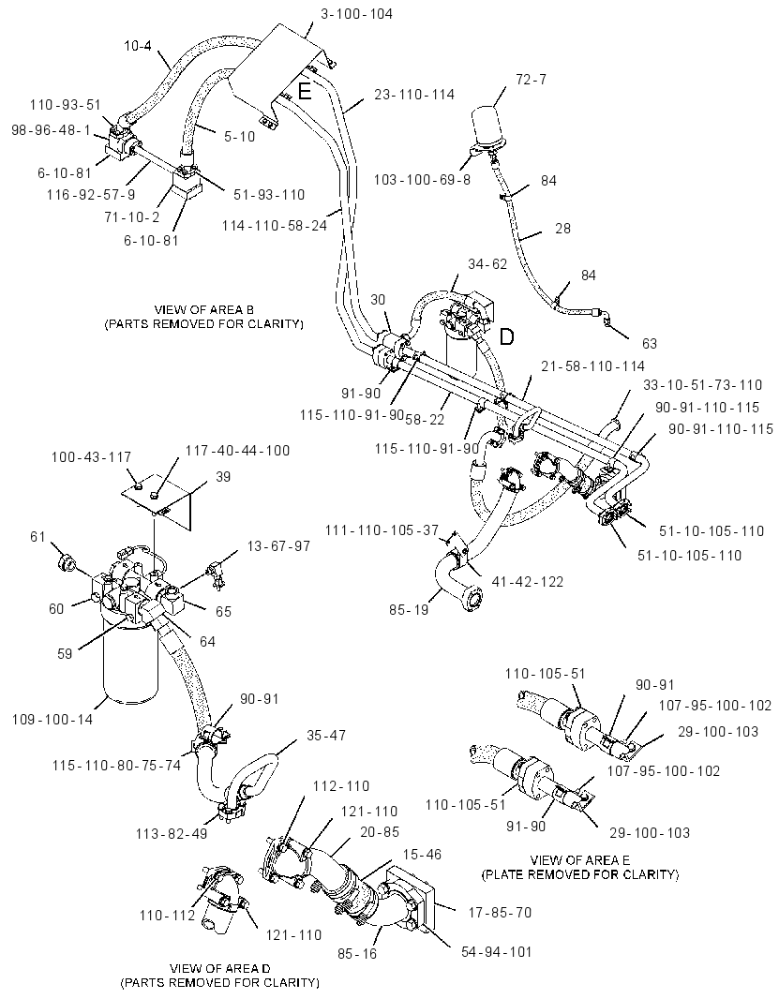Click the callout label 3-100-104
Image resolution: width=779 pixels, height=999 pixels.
point(356,13)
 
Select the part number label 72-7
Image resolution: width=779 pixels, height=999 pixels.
point(531,80)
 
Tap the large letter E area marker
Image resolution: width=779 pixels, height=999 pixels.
point(305,92)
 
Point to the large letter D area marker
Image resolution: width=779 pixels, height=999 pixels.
point(506,336)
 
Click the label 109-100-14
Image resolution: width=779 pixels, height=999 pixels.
point(52,720)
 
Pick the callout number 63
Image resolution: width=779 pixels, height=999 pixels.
point(649,344)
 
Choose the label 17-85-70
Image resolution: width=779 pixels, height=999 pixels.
point(500,913)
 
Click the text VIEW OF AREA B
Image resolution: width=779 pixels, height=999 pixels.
point(204,310)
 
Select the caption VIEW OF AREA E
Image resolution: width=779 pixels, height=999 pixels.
point(580,860)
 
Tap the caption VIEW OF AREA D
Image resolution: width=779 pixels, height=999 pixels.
point(220,968)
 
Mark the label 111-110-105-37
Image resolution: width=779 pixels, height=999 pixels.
point(382,530)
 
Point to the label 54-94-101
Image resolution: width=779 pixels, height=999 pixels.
point(496,952)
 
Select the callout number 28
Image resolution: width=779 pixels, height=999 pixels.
point(562,228)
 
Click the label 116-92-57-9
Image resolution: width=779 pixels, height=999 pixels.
point(91,195)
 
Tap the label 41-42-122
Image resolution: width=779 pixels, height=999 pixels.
point(527,582)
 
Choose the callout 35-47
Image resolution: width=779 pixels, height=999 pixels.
point(325,736)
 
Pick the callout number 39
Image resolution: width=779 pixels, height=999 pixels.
point(222,477)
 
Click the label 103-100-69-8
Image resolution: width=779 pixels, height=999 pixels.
point(422,180)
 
